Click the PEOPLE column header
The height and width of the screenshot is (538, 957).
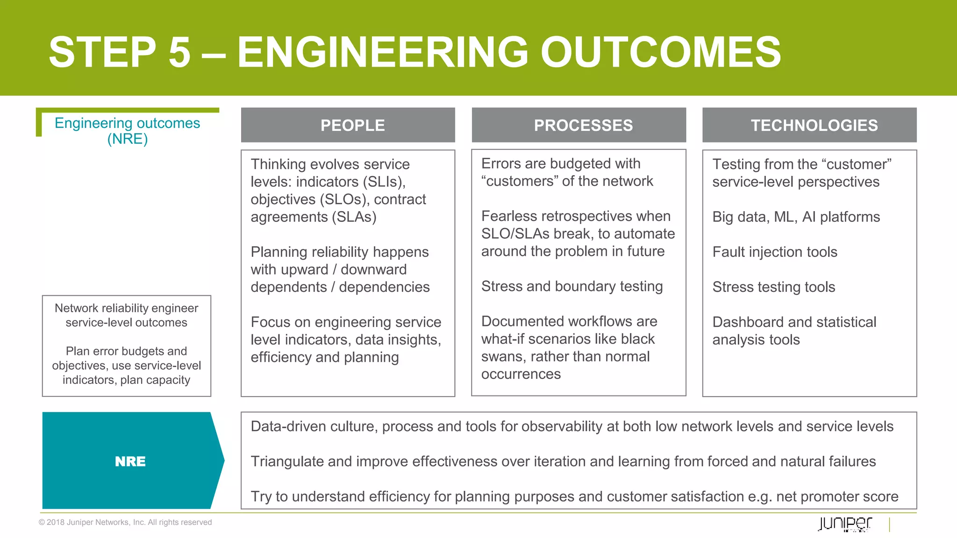[x=352, y=125]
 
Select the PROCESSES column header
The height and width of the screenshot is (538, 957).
[x=583, y=125]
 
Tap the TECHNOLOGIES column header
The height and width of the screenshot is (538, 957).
[x=814, y=125]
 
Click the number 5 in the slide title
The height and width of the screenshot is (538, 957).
[x=179, y=52]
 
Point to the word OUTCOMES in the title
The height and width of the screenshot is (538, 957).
[x=660, y=52]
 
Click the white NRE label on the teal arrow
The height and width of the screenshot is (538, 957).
[x=130, y=461]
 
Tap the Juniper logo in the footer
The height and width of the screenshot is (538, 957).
[x=844, y=524]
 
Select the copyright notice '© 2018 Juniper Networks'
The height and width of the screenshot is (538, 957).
[x=125, y=522]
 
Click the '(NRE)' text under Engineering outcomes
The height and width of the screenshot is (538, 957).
[x=127, y=139]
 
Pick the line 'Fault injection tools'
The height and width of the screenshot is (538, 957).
[x=774, y=252]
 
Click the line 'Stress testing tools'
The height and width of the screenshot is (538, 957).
[x=773, y=287]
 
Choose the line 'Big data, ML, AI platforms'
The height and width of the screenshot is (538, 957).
[x=796, y=217]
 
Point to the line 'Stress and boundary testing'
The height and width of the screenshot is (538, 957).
[x=571, y=286]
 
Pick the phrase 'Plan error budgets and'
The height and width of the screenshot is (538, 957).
[x=126, y=351]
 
